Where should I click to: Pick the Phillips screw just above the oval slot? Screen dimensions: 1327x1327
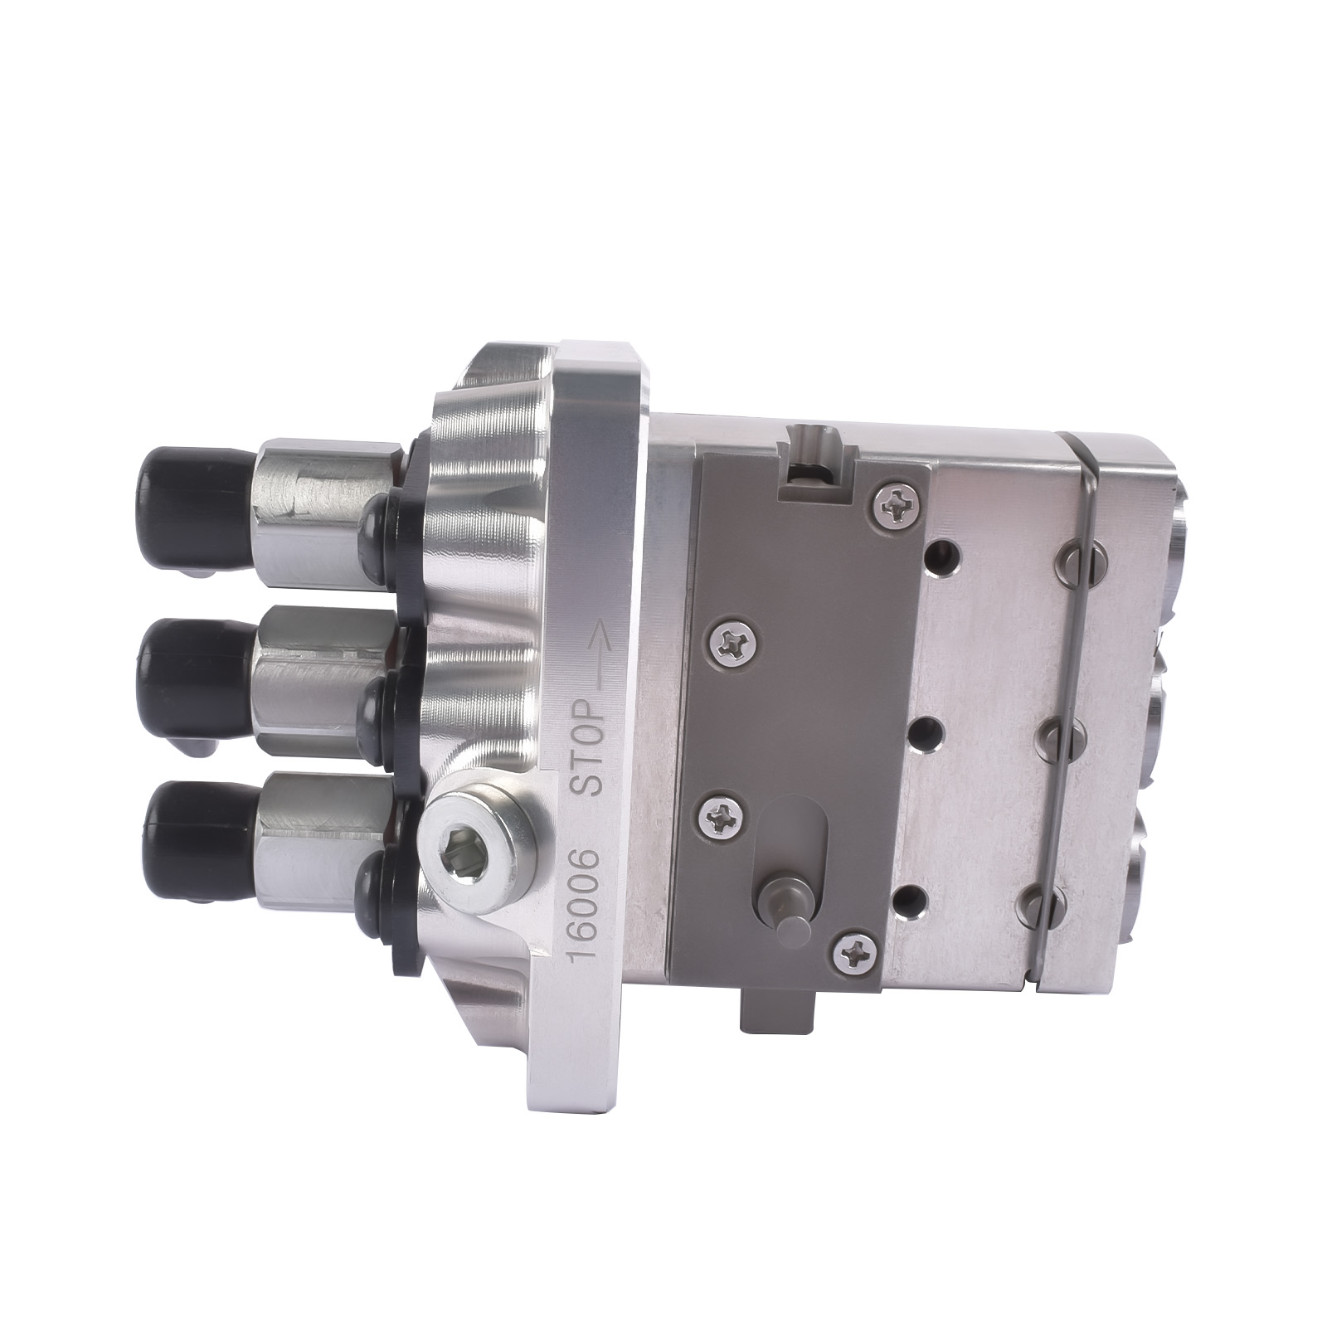point(719,821)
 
